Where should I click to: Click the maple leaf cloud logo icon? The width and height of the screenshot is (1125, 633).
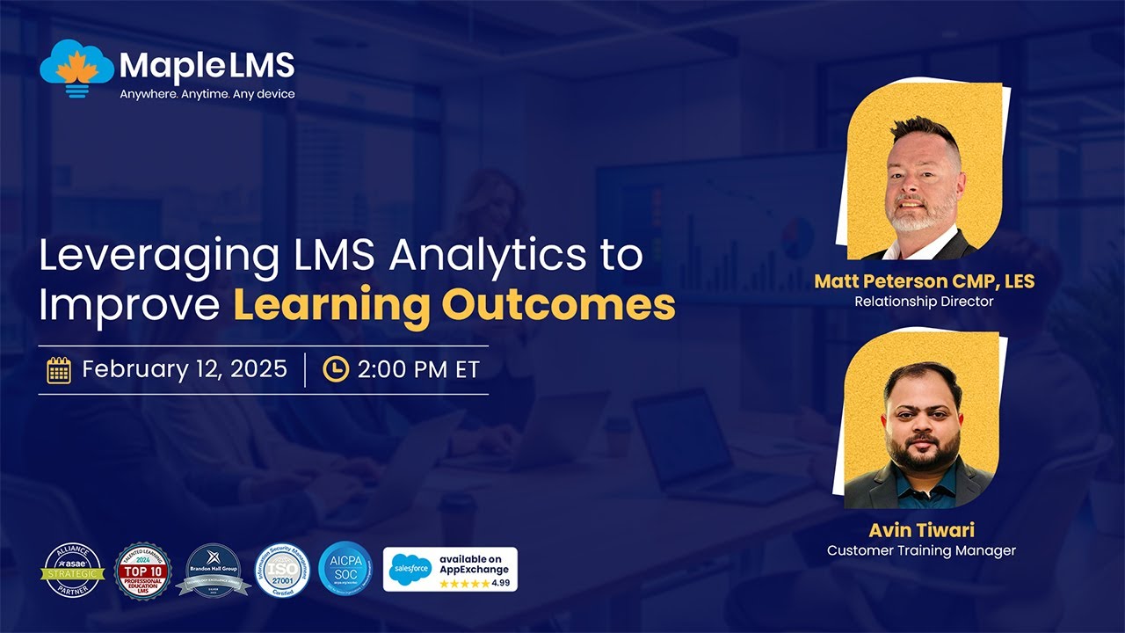tap(77, 68)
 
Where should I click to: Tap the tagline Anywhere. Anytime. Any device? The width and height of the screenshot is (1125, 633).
tap(207, 94)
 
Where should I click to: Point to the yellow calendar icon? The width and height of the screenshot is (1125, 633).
tap(59, 370)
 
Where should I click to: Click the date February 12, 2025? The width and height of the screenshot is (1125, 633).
tap(185, 369)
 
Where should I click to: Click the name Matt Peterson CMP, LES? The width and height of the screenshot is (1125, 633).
tap(924, 282)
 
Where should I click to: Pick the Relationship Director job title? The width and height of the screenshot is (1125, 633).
tap(924, 302)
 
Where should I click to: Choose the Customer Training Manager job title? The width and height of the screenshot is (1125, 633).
tap(921, 550)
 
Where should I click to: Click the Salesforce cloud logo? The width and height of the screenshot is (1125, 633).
tap(410, 570)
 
